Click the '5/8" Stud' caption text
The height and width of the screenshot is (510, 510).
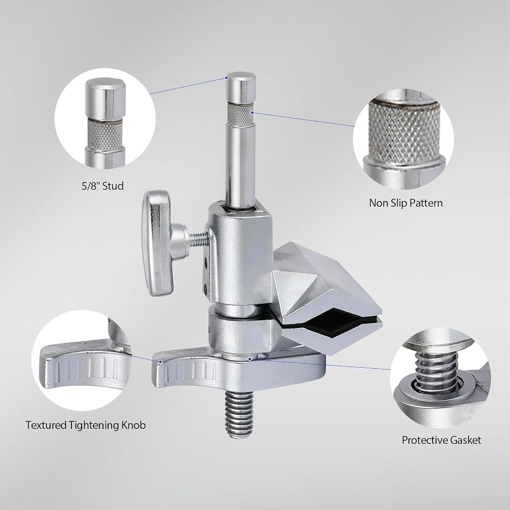click(x=103, y=186)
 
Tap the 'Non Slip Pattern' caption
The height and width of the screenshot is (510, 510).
click(x=406, y=203)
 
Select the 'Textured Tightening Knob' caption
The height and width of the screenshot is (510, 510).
click(x=86, y=425)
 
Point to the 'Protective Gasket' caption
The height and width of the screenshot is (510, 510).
click(x=441, y=440)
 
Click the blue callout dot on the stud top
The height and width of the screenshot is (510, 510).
click(x=226, y=78)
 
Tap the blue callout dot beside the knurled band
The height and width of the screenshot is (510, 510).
click(x=252, y=113)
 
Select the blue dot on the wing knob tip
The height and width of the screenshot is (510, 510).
click(x=160, y=362)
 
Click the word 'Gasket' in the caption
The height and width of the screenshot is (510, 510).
click(x=466, y=440)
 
